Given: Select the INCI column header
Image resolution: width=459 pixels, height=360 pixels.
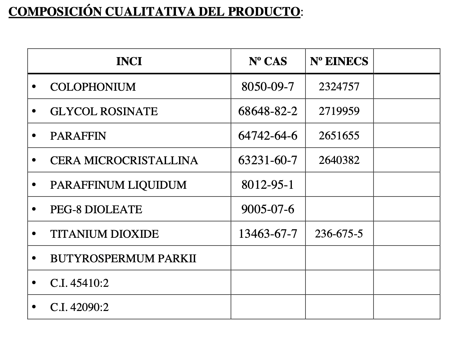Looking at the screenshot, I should coord(129,61).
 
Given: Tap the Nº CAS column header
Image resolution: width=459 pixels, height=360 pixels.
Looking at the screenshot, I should coord(268,61).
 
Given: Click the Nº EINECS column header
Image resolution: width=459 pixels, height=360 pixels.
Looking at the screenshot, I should coord(339,61).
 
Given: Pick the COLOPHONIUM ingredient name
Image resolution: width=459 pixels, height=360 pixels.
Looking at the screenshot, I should coord(93,87).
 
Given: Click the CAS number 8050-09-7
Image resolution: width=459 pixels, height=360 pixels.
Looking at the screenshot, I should coord(268,86).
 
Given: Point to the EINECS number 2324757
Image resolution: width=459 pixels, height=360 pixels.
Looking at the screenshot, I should coord(339,86).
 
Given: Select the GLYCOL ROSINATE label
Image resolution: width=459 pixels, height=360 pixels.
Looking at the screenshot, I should coord(104,111).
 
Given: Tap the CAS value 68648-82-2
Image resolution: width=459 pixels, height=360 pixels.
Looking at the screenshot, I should coord(268,111).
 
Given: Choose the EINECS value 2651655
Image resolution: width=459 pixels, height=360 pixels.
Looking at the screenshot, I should coord(339,136).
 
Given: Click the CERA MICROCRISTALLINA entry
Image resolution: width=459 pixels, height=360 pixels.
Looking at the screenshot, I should coord(124,160).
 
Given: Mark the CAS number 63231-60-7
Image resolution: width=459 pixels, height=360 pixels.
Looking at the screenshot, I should coord(268,160).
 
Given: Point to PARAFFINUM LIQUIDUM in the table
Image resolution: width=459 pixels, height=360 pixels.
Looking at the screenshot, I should coord(118,185).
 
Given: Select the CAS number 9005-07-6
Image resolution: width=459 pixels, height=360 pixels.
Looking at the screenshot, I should coord(268,209).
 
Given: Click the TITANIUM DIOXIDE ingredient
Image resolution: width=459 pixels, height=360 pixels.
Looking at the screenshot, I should coord(104,234).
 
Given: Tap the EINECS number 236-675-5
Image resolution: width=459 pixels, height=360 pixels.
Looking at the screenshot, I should coord(339,234).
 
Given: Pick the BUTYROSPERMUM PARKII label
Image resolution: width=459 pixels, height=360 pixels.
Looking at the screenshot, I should coord(123,258).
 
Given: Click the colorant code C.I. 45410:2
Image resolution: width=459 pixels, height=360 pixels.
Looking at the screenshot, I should coord(80,283).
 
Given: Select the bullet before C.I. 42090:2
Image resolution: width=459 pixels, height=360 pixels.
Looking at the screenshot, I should coord(34,307).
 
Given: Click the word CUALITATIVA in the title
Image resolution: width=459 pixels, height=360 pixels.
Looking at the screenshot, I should coord(151,11).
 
